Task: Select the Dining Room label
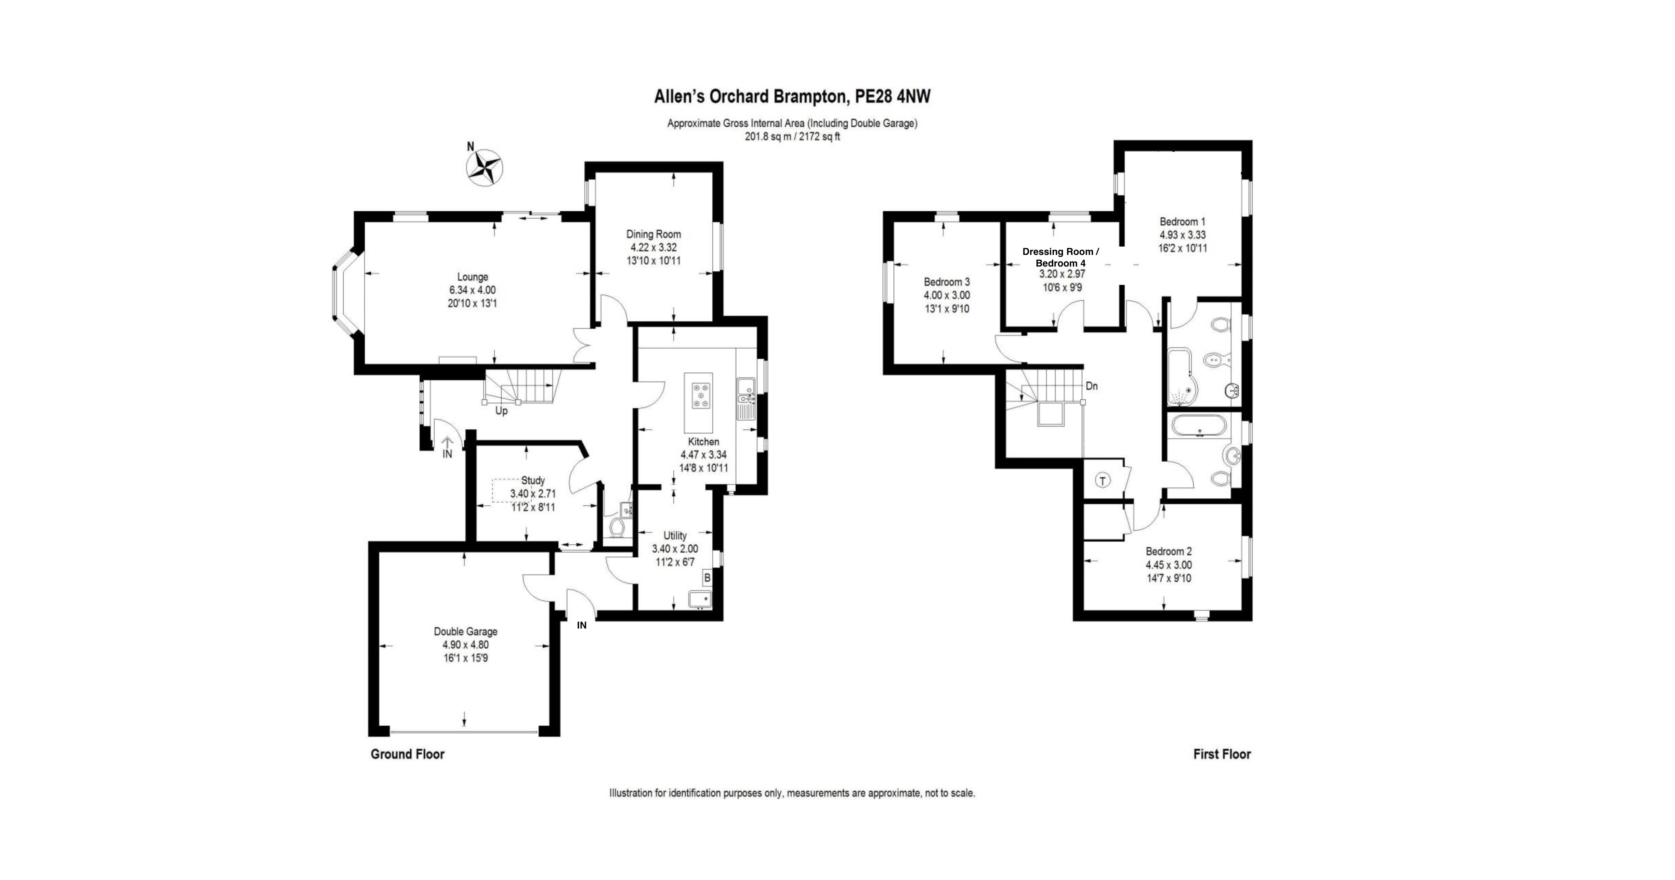tap(654, 234)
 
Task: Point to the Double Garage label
tap(465, 632)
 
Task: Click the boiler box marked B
tap(707, 577)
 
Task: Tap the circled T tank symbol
tap(1103, 481)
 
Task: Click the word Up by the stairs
tap(501, 411)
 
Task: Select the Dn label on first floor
tap(1092, 386)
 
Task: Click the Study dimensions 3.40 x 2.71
tap(533, 494)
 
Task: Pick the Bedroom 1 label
tap(1182, 222)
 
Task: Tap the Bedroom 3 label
tap(947, 282)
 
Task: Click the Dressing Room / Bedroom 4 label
tap(1060, 257)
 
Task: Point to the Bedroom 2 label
tap(1169, 552)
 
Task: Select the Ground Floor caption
tap(408, 754)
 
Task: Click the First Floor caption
tap(1222, 754)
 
